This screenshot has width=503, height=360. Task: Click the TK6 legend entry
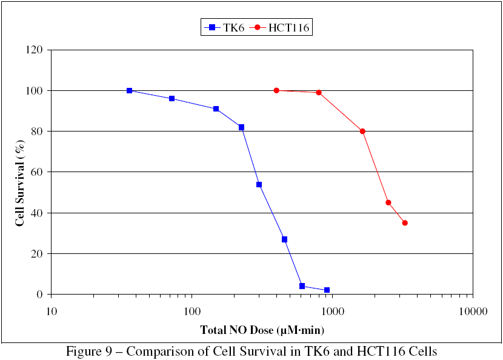click(225, 27)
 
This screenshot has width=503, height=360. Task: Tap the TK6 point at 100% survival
click(130, 90)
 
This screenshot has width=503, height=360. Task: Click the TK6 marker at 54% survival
click(259, 184)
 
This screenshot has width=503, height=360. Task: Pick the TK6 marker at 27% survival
click(284, 239)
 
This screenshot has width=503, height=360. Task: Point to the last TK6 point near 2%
click(327, 290)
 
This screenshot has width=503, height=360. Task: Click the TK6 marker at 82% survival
click(241, 127)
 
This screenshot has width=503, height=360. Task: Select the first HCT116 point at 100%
click(276, 90)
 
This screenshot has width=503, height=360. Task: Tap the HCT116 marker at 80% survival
click(362, 132)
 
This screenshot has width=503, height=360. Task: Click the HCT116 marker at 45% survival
click(388, 202)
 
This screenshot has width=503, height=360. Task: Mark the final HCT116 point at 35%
click(405, 223)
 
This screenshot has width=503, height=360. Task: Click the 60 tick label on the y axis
click(38, 172)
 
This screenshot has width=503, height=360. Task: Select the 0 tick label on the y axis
click(41, 295)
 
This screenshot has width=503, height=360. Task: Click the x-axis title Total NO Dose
click(262, 330)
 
